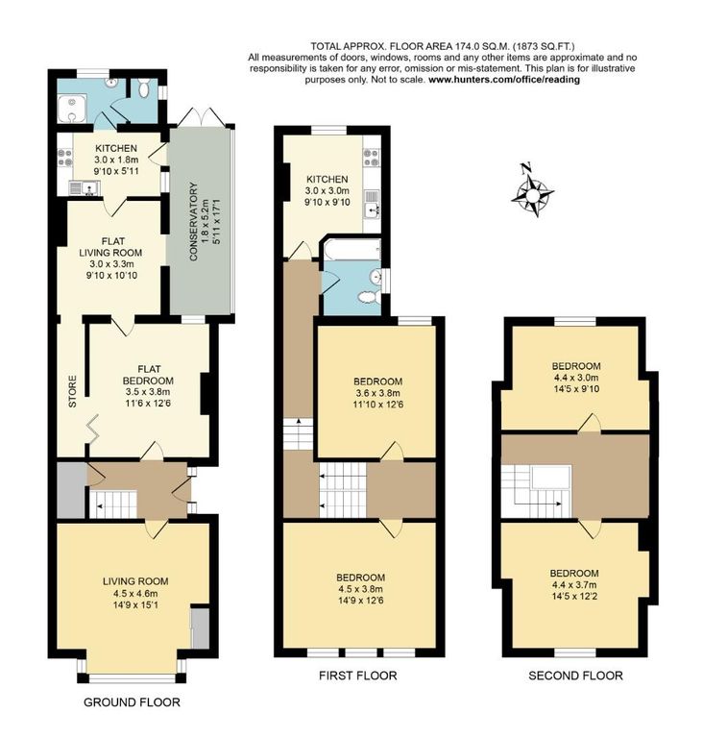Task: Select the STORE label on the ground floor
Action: tap(72, 391)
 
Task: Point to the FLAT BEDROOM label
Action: tap(148, 375)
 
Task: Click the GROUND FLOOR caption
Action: tap(132, 702)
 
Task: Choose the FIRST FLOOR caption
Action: tap(357, 676)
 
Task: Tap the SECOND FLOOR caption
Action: tap(575, 676)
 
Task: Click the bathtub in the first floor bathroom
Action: tap(351, 249)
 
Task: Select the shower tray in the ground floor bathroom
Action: tap(72, 109)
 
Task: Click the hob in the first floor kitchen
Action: tap(372, 158)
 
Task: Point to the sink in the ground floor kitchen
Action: tap(84, 187)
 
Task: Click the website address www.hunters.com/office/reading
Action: tap(504, 80)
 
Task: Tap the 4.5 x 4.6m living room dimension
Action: tap(135, 593)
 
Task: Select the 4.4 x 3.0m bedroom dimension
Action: tap(576, 378)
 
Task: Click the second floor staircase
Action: tap(536, 491)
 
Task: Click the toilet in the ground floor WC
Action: tap(144, 88)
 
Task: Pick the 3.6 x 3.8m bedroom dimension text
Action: tap(377, 393)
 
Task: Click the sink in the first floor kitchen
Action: tap(372, 205)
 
